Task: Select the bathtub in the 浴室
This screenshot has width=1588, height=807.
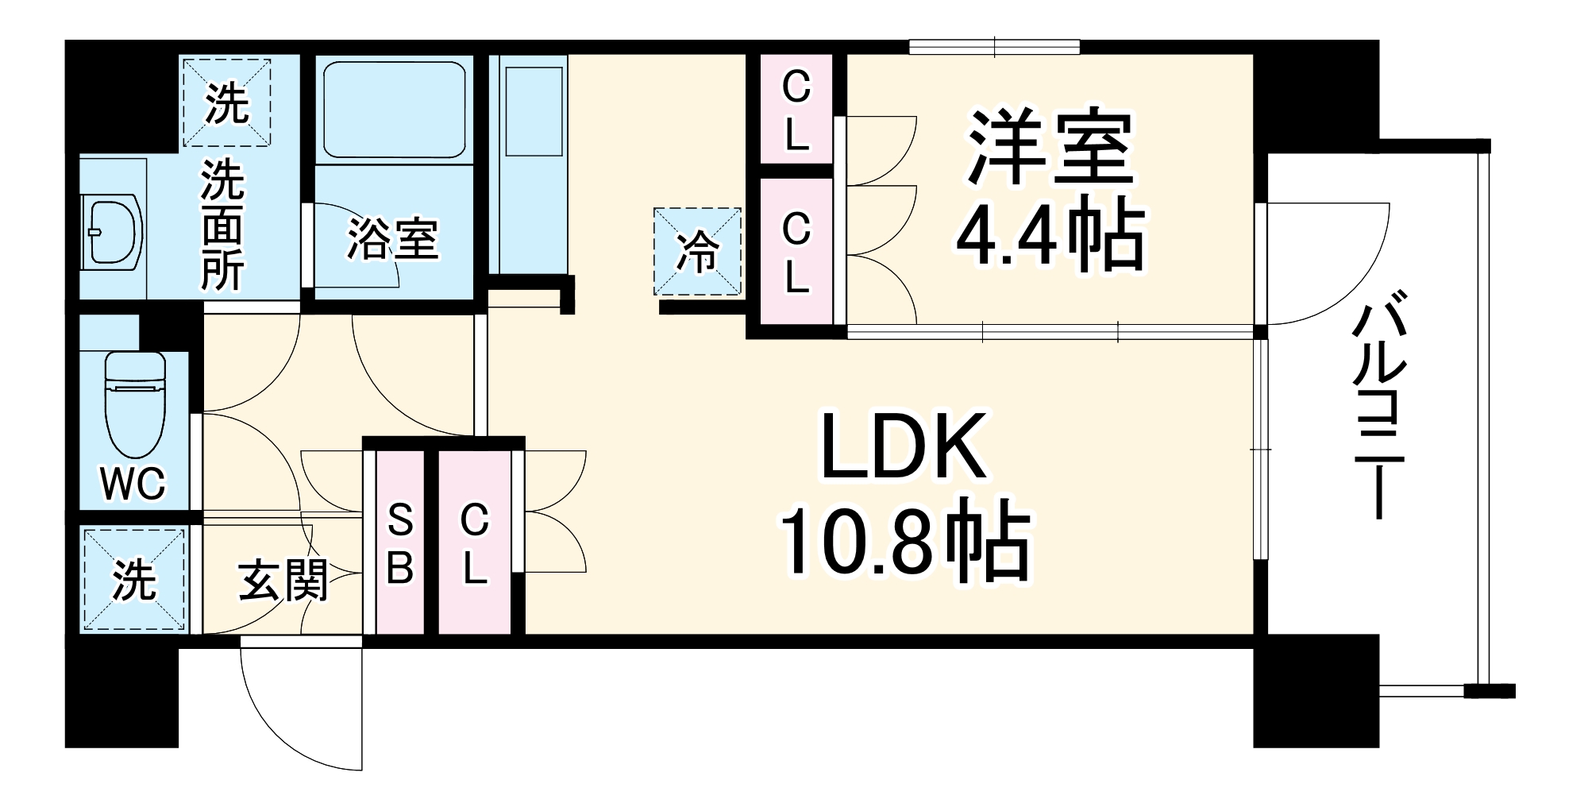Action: (394, 110)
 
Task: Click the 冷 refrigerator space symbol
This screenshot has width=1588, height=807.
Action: (697, 251)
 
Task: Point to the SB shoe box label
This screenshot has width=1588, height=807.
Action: (399, 544)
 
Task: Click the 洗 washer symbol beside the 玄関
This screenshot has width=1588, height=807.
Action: (134, 580)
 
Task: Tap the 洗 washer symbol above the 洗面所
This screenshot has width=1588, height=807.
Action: (227, 103)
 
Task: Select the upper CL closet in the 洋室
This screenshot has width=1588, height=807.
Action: (796, 110)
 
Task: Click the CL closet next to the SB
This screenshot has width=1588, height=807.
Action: (474, 545)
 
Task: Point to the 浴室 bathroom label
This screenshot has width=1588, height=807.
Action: (393, 239)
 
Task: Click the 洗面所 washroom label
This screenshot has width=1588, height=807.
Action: (222, 226)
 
